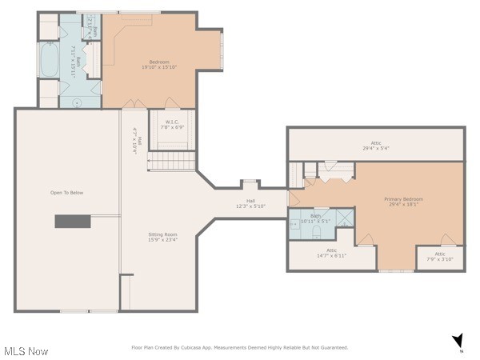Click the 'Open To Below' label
click(x=66, y=193)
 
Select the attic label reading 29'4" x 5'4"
click(x=375, y=146)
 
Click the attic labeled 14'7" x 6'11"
click(x=331, y=253)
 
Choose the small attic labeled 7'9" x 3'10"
click(x=439, y=256)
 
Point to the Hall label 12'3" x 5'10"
click(x=250, y=204)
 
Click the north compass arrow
click(x=457, y=341)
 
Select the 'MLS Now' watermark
click(x=26, y=351)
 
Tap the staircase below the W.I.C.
click(x=173, y=161)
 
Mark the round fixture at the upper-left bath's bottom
click(x=78, y=102)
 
